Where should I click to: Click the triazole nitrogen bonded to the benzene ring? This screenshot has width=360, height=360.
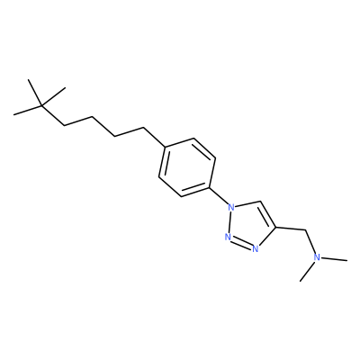[x=230, y=207]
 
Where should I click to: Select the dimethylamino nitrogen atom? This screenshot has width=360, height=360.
[x=317, y=257]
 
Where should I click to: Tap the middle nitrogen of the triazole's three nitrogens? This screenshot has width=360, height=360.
[x=228, y=237]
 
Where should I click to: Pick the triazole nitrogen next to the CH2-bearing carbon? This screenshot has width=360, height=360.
[x=256, y=248]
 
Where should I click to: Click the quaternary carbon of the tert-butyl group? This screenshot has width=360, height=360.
[x=42, y=105]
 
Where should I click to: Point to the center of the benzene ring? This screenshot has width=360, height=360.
[x=187, y=167]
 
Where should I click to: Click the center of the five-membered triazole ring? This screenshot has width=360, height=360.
[x=250, y=224]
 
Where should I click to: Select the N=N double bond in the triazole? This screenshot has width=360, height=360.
[x=241, y=243]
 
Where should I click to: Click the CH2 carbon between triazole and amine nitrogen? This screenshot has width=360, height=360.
[x=305, y=230]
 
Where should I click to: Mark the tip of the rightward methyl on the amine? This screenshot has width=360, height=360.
[x=347, y=260]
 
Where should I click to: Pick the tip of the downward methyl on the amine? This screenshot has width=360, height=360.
[x=301, y=281]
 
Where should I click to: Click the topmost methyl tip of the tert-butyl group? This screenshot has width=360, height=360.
[x=28, y=80]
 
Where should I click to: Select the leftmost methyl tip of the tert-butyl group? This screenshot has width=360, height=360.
[x=13, y=114]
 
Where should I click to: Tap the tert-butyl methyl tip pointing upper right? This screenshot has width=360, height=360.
[x=65, y=88]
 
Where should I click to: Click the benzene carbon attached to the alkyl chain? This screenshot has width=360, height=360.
[x=166, y=147]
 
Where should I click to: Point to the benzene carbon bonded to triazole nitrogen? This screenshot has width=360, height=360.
[x=209, y=188]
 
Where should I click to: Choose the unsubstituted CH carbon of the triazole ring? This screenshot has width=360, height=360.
[x=260, y=202]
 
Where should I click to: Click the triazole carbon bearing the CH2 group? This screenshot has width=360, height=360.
[x=275, y=227]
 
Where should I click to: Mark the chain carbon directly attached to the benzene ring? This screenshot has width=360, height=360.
[x=144, y=129]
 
